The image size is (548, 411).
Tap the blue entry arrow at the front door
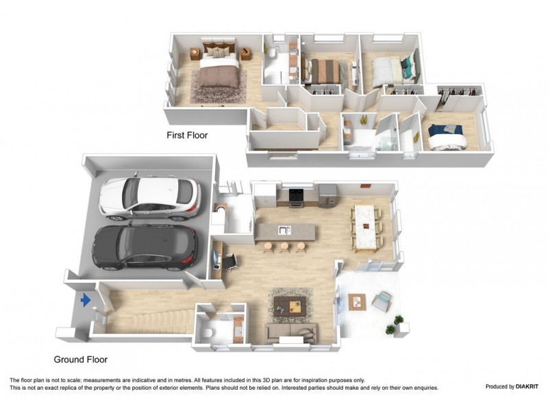tap(86, 300)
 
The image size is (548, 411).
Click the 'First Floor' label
tap(187, 136)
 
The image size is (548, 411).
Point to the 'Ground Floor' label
tap(81, 359)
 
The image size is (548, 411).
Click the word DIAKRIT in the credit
tap(522, 386)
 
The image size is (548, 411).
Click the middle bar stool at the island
tap(284, 247)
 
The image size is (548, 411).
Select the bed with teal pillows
tap(390, 69)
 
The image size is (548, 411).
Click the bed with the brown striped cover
tap(323, 70)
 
